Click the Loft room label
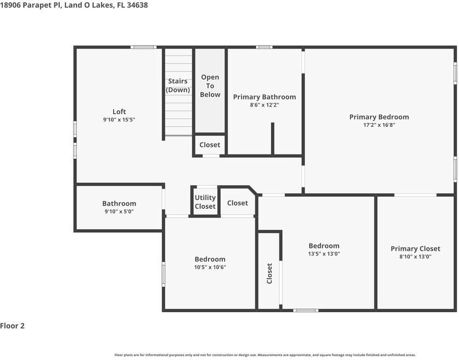(x=119, y=112)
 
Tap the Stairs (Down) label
(x=178, y=86)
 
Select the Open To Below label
(x=210, y=86)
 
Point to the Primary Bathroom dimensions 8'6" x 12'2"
(x=264, y=105)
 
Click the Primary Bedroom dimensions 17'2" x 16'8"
(x=379, y=125)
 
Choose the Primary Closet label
(x=416, y=248)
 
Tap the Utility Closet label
(x=205, y=202)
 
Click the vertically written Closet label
(x=270, y=273)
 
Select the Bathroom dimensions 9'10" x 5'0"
(x=119, y=211)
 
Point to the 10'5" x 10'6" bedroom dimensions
(x=210, y=267)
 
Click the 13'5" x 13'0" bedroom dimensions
(x=324, y=254)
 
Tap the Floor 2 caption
(x=12, y=326)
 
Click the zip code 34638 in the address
(x=137, y=5)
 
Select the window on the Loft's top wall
(x=143, y=47)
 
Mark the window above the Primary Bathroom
(x=264, y=47)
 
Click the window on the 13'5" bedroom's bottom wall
(x=306, y=310)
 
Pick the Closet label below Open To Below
(x=210, y=145)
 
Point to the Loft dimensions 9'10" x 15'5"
(x=119, y=119)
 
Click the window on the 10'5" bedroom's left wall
(x=164, y=274)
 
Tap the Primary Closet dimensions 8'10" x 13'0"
(x=416, y=257)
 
